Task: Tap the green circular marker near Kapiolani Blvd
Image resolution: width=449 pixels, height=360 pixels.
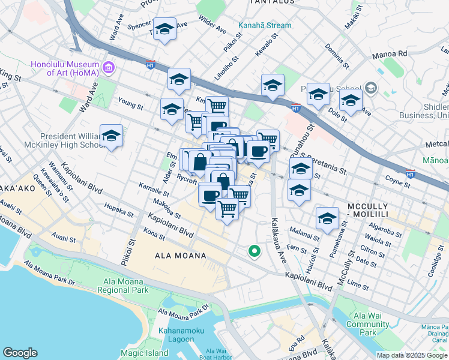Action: tap(255, 252)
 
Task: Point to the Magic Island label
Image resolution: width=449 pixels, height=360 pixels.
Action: tap(144, 353)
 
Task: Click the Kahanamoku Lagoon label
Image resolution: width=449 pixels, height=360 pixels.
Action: tap(181, 335)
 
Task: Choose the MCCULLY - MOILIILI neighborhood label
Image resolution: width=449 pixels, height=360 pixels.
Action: tap(377, 210)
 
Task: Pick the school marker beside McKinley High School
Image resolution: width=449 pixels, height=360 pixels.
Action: tap(112, 137)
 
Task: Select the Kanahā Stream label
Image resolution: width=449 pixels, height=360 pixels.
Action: tap(265, 25)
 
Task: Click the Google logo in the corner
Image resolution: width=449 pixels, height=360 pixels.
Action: tap(20, 353)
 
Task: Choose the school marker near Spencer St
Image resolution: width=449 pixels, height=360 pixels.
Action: tap(164, 30)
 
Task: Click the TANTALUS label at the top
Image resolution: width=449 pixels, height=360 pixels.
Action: tap(272, 2)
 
